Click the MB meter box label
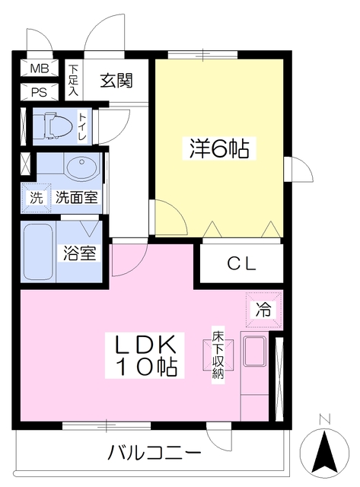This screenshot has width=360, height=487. click(x=40, y=68)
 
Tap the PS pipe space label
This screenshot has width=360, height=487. click(x=39, y=92)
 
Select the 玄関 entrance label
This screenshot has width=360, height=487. click(x=116, y=81)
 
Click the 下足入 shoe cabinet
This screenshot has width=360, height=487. click(x=74, y=80)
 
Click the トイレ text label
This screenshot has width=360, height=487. click(x=83, y=127)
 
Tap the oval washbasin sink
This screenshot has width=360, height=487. click(x=81, y=167)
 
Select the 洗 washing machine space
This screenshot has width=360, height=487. click(x=36, y=198)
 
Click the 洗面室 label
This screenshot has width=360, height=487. click(x=77, y=197)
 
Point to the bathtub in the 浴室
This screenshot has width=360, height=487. click(x=38, y=252)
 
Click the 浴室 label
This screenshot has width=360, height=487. click(x=79, y=253)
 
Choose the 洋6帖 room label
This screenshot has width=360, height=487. click(x=220, y=148)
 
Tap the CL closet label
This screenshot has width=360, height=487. click(x=241, y=264)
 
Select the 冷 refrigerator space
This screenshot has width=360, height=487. click(x=263, y=310)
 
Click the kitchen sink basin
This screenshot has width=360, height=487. click(x=255, y=352)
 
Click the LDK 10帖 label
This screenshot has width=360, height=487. click(x=145, y=355)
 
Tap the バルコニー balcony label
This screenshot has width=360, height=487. click(x=154, y=454)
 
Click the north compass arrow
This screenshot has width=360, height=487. click(x=325, y=451)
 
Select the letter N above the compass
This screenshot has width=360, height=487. click(x=325, y=419)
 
